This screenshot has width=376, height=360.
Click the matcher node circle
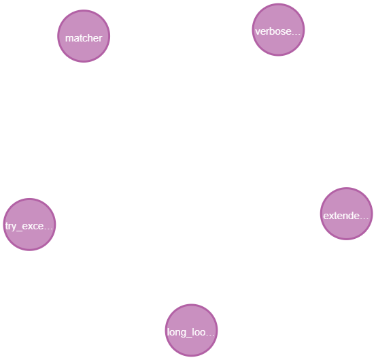coord(84,37)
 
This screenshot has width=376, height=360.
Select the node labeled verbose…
coord(278,30)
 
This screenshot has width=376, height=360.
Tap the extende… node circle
coord(346,214)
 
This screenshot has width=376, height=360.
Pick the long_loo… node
coord(192,331)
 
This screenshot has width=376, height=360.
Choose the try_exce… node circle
coord(29,225)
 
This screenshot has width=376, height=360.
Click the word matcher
coord(84,38)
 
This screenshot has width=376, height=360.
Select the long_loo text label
coord(187,333)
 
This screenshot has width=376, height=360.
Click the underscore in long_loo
coord(190,336)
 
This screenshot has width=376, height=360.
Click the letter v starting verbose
coord(256,31)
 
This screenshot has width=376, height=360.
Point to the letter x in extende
coord(331,216)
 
